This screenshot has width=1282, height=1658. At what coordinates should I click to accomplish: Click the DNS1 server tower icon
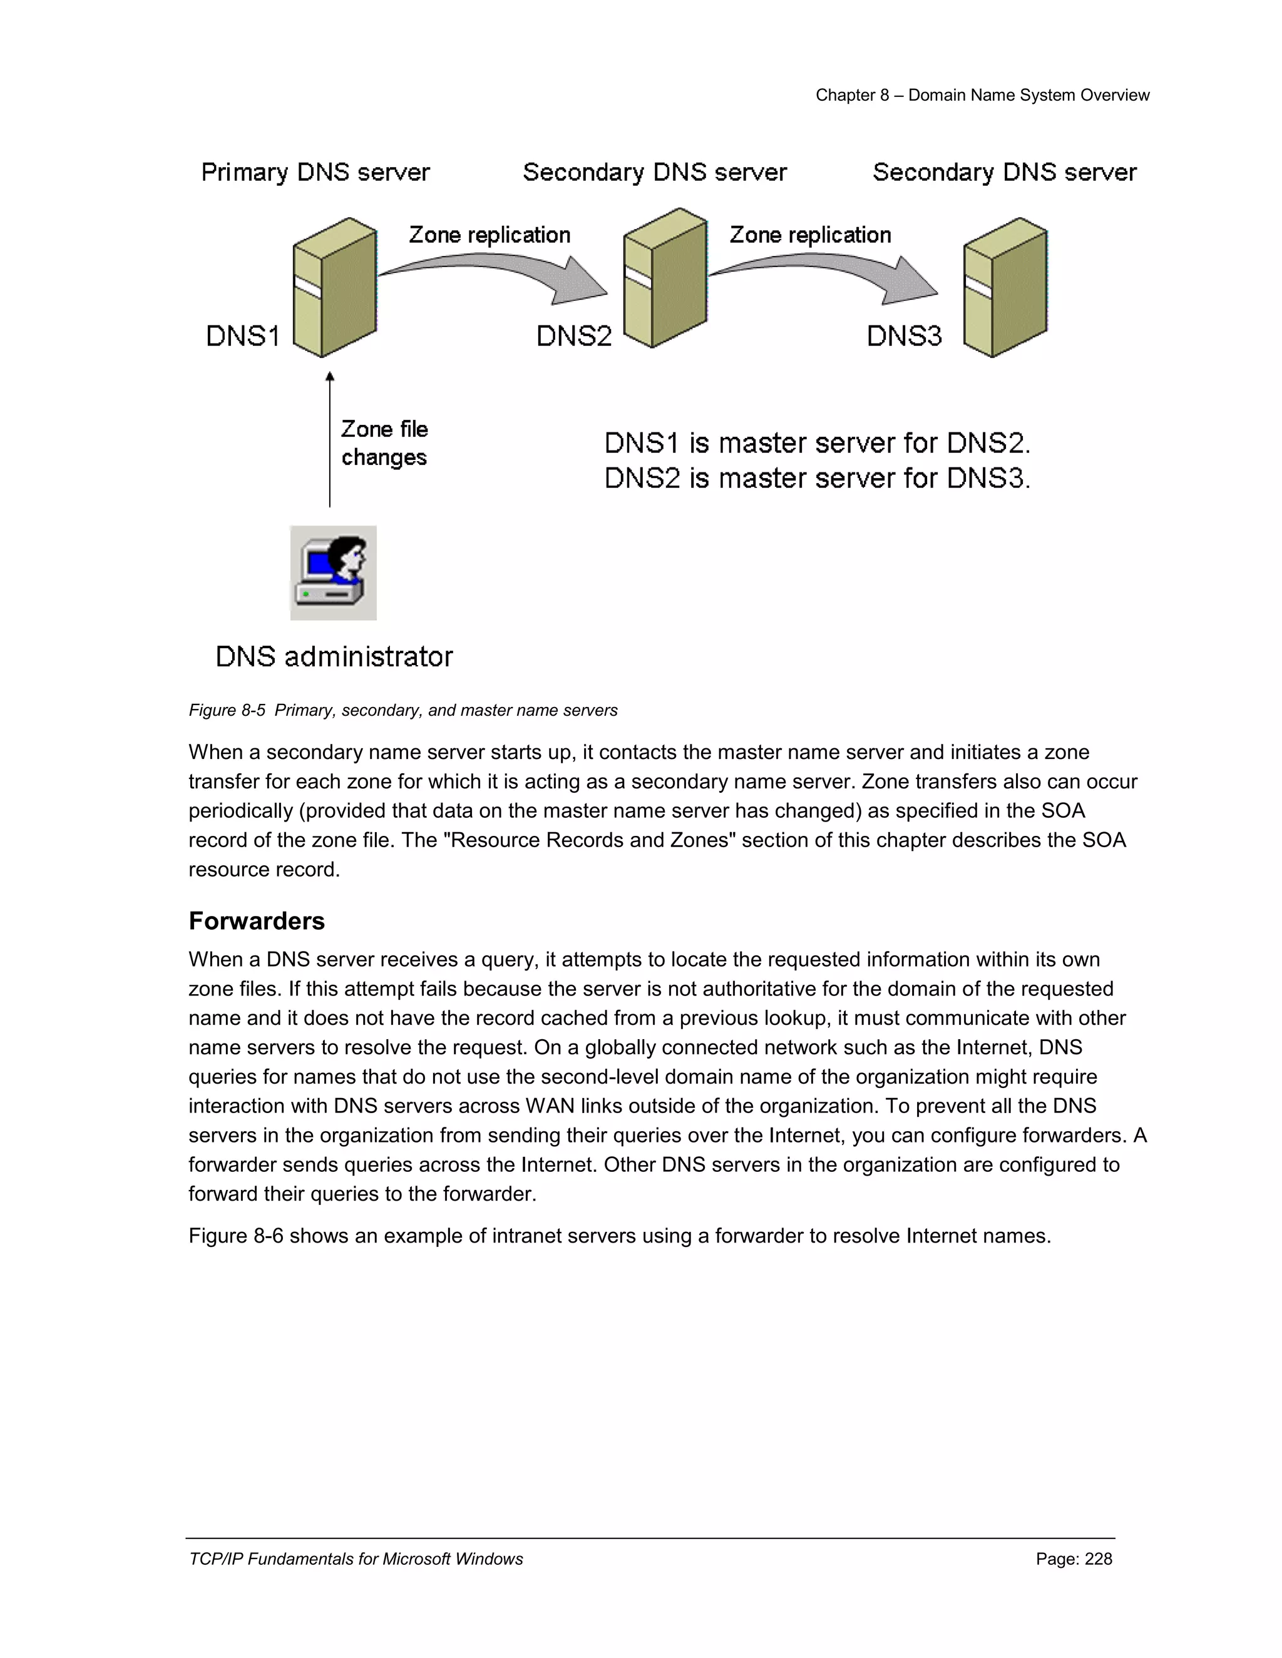[335, 287]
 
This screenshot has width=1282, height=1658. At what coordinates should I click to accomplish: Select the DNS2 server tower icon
[665, 278]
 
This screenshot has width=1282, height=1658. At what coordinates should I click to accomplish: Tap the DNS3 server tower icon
[1005, 287]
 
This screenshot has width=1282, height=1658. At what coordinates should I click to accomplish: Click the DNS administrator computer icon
[334, 572]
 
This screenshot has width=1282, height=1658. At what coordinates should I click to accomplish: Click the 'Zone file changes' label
[384, 444]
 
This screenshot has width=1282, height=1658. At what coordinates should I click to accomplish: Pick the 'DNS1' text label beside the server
[243, 335]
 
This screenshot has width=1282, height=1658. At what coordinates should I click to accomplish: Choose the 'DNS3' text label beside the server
[904, 335]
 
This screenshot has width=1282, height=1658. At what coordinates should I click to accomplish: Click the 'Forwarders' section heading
[257, 921]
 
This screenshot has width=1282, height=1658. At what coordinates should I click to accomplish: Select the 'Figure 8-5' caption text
[227, 711]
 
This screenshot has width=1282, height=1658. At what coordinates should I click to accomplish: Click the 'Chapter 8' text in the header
[852, 96]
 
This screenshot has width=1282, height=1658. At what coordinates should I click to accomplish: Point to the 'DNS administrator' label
[334, 657]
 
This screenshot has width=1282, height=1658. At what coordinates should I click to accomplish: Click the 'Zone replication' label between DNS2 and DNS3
[811, 235]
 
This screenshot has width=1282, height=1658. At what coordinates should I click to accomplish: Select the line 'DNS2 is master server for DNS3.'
[817, 478]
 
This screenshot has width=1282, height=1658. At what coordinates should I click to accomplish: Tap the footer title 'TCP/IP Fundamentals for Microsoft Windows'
[356, 1559]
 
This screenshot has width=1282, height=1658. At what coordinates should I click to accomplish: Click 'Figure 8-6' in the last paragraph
[235, 1236]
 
